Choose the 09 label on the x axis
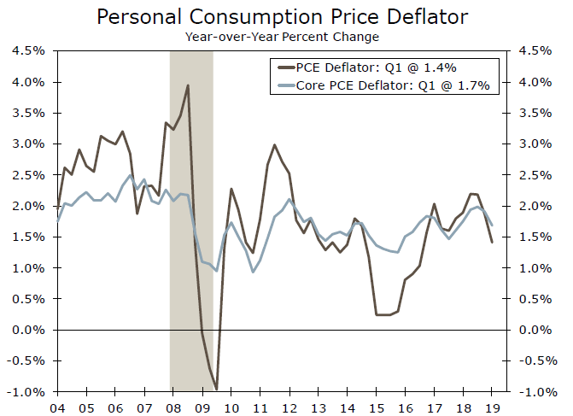coord(202,407)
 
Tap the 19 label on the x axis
coord(493,407)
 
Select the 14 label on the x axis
coord(348,407)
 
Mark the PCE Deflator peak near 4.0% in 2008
coord(188,85)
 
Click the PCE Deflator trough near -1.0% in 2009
coord(217,389)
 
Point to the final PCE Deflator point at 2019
coord(492,243)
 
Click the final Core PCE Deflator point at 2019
coord(492,225)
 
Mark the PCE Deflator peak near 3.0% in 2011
coord(274,145)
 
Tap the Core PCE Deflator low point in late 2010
coord(254,272)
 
